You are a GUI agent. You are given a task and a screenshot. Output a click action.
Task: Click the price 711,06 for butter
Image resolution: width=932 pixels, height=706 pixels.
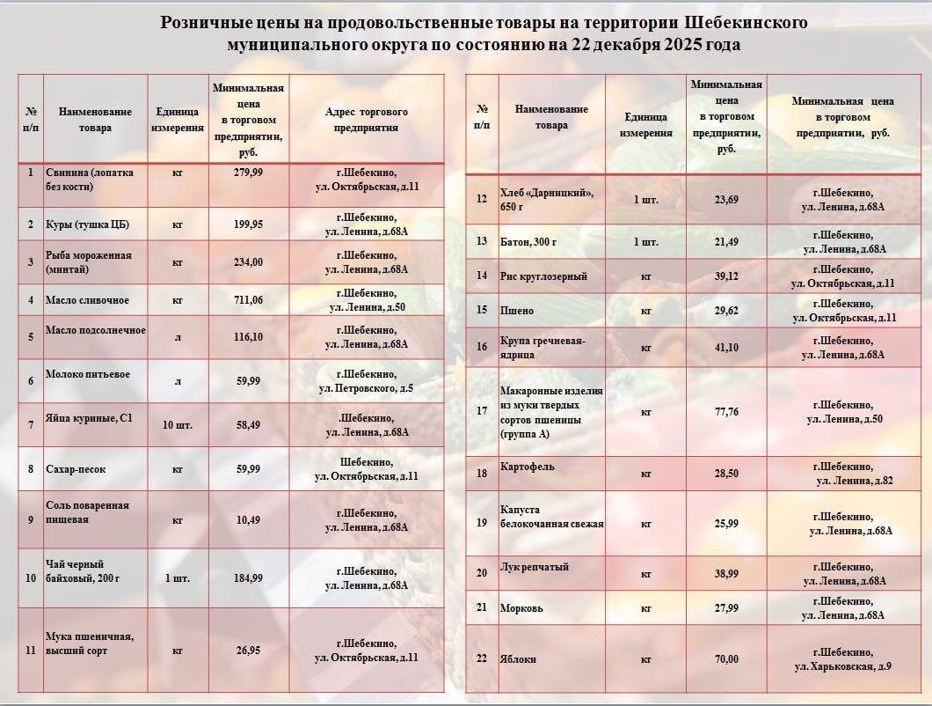[249, 300]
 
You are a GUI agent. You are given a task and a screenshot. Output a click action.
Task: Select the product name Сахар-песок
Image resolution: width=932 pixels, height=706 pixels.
[76, 469]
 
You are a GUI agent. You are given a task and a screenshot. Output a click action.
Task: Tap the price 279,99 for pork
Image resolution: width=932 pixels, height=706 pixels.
[249, 172]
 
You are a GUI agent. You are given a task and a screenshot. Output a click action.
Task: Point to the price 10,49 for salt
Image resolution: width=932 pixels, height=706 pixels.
[249, 519]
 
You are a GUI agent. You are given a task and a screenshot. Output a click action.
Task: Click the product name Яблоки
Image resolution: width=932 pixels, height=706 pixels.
[518, 658]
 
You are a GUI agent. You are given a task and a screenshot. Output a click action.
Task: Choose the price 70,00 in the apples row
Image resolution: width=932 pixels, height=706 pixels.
[726, 658]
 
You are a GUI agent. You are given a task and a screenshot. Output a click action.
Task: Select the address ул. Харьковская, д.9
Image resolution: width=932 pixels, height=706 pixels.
[842, 666]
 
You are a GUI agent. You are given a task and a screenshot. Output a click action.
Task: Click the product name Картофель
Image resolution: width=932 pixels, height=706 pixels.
[527, 467]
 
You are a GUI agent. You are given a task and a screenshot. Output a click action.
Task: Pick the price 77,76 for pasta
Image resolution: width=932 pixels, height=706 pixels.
[726, 411]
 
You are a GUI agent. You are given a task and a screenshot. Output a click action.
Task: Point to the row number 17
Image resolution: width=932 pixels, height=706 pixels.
[481, 411]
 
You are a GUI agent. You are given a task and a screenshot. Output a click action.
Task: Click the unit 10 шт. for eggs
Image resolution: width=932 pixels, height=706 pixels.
[178, 424]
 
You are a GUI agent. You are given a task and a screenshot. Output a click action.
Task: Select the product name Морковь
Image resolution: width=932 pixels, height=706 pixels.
[521, 607]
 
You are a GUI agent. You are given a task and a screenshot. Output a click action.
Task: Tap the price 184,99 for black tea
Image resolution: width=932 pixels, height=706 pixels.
[249, 578]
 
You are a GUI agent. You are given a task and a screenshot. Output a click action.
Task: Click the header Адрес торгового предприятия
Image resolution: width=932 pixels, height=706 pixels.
[367, 120]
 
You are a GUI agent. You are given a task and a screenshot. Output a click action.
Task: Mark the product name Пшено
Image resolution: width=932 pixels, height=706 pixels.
[516, 310]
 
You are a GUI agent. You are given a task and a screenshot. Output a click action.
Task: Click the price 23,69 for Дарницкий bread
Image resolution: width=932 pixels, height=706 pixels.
[726, 199]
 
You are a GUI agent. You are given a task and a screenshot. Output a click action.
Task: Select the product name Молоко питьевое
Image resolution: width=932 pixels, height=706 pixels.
[87, 374]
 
